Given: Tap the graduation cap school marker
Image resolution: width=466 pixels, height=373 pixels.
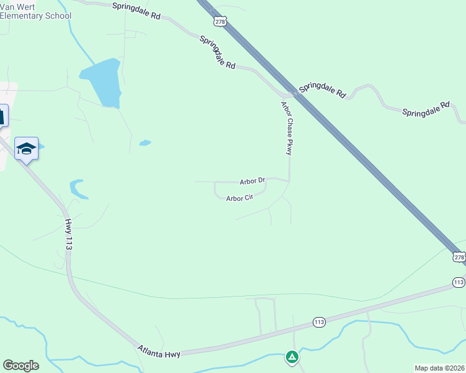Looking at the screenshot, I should point(27,149).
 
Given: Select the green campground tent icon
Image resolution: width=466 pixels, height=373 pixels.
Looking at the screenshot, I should point(292,357).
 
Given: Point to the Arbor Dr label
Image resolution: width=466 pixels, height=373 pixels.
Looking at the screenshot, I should point(252,182).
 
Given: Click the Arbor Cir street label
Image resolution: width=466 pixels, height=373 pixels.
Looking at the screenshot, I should point(239,198).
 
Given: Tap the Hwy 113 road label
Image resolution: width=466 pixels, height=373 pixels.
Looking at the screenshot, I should point(69,234).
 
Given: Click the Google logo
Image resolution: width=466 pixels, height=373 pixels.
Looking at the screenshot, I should point(21,366).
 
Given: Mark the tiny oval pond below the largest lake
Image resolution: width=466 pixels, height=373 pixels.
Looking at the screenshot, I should point(145,143).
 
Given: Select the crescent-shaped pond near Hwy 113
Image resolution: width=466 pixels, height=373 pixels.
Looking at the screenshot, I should point(76,188).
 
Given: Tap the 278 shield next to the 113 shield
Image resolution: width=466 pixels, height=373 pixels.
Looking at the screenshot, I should point(459,257).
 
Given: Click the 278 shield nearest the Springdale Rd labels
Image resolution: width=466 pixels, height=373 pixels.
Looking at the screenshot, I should point(219,21).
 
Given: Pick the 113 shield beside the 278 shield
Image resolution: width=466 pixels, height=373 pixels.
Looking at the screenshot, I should point(459,282).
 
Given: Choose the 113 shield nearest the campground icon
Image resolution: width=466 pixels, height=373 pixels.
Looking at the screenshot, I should point(319,322).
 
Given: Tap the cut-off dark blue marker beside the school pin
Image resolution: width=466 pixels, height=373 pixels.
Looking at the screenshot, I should point(2,116).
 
